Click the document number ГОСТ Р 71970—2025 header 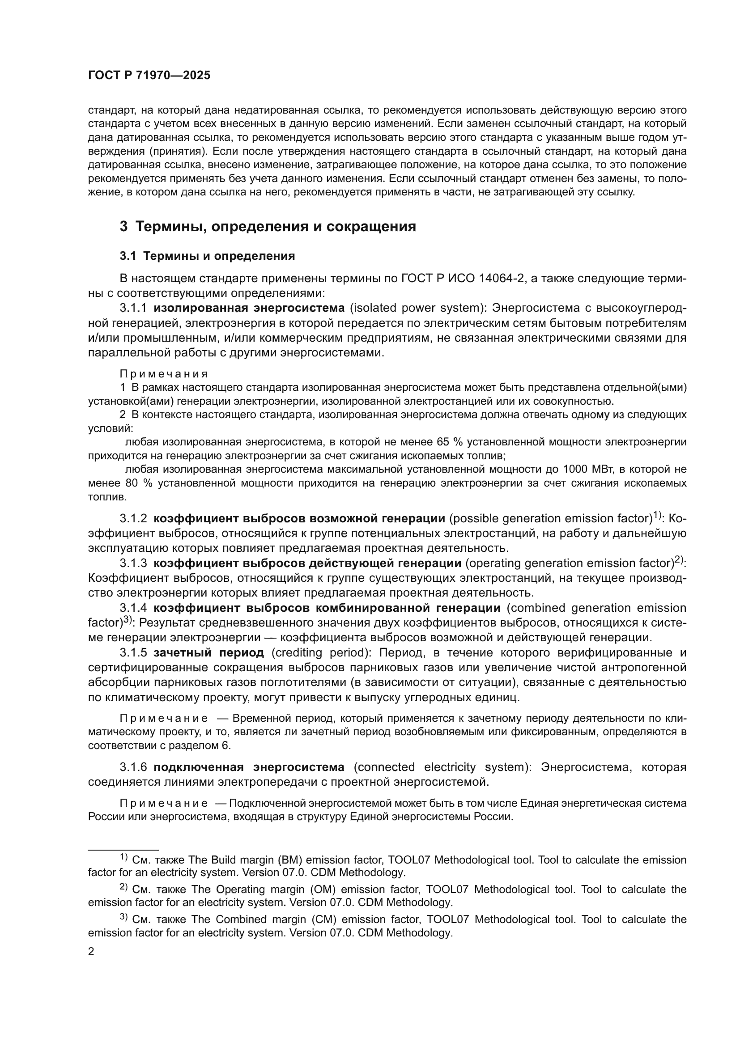149,76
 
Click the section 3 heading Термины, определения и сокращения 268,226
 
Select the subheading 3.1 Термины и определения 207,256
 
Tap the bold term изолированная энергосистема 249,308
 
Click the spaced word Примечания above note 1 164,374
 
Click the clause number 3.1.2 133,519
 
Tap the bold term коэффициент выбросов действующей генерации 307,563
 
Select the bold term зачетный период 208,653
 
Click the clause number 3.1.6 133,767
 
